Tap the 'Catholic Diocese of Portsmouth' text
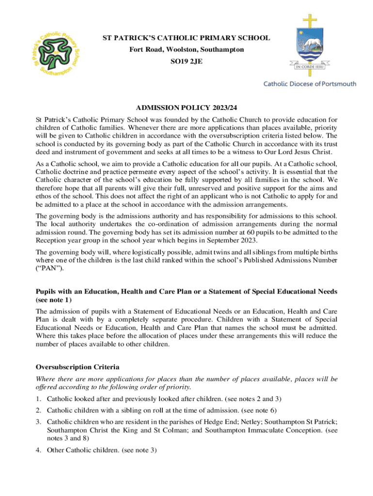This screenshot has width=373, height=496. click(x=310, y=84)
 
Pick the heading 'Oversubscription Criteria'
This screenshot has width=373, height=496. click(x=78, y=367)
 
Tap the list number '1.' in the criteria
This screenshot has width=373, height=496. click(x=39, y=399)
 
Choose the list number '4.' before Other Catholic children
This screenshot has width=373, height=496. click(x=39, y=450)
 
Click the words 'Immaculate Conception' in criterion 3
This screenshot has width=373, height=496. click(x=280, y=430)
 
